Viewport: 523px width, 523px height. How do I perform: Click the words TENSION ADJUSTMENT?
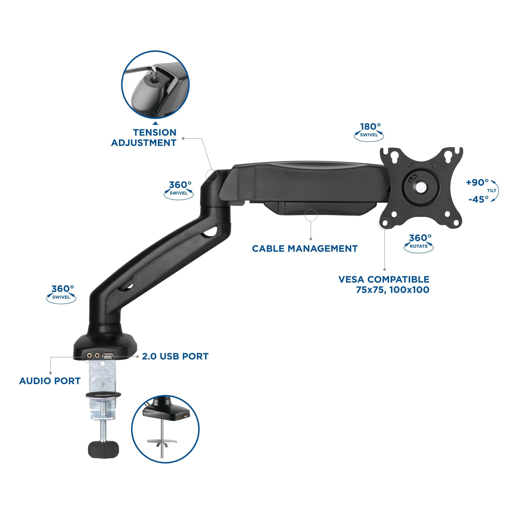144,138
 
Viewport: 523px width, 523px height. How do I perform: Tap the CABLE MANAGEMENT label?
305,248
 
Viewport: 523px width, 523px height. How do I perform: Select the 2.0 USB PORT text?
175,356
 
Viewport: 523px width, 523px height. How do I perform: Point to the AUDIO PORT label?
50,381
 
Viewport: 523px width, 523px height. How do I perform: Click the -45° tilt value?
478,199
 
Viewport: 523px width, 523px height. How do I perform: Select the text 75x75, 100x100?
393,290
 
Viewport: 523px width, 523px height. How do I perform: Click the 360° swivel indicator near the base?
61,294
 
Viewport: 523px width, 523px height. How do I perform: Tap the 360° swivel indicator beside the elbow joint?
179,190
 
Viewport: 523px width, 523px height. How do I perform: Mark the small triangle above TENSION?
155,123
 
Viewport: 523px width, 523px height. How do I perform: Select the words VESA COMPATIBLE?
384,279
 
